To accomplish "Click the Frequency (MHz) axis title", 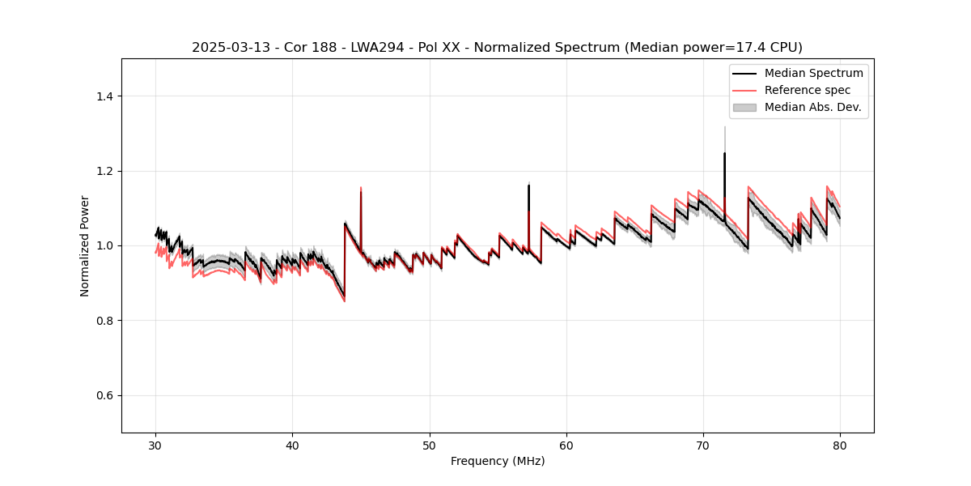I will [x=498, y=461].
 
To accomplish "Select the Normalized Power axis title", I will [x=85, y=245].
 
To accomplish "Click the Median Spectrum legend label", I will [x=814, y=73].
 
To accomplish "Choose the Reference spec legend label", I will [x=808, y=90].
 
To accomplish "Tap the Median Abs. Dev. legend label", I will [x=813, y=107].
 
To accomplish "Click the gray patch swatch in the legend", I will [x=744, y=107].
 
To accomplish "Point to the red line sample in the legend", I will [x=744, y=90].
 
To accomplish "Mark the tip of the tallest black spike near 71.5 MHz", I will [x=724, y=153].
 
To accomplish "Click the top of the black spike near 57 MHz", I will [x=528, y=185].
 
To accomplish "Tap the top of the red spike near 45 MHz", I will [x=360, y=188].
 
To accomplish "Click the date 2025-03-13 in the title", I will [x=226, y=48].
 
